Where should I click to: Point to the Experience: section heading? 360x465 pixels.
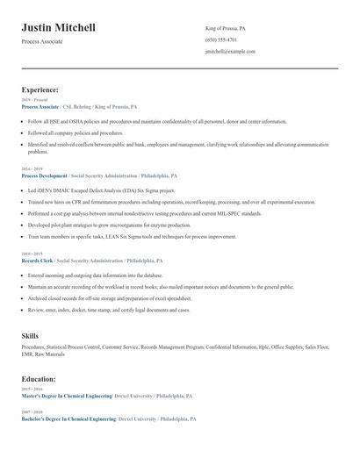pos(40,89)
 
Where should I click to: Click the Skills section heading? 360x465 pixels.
pos(30,336)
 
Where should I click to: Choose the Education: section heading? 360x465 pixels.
pos(39,379)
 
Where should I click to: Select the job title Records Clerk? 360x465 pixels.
pos(37,261)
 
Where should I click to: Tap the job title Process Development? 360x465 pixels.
pos(44,175)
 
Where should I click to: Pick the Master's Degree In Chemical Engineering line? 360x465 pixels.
pos(67,396)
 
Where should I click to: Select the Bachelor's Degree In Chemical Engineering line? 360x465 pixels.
pos(68,419)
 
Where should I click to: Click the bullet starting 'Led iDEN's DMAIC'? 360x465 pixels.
pos(101,190)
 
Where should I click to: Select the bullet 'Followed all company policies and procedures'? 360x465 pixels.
pos(76,132)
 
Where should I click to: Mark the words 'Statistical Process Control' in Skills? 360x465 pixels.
pos(74,347)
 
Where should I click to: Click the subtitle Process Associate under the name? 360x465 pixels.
pos(42,41)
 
